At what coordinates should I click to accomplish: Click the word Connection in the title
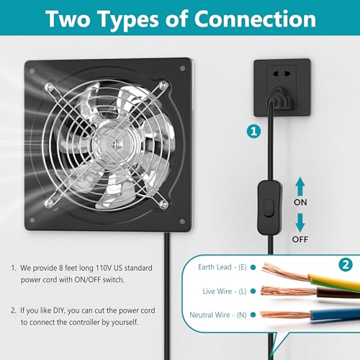(x=255, y=19)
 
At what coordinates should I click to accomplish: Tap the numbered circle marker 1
(x=253, y=132)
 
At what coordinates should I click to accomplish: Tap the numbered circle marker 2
(x=346, y=265)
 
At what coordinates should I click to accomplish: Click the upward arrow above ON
(x=300, y=186)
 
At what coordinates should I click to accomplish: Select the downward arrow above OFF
(x=300, y=222)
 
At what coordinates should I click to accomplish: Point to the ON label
(x=300, y=202)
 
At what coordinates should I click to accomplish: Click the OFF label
(x=300, y=239)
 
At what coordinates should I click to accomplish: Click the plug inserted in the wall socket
(x=280, y=98)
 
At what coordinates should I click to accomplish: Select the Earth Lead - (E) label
(x=222, y=267)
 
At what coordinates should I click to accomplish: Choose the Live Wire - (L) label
(x=225, y=291)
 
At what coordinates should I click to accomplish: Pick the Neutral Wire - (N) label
(x=218, y=315)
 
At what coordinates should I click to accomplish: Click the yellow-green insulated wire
(x=333, y=282)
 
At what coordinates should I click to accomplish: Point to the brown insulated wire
(x=338, y=293)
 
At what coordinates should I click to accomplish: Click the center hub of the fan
(x=114, y=144)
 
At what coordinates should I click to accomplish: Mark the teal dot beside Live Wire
(x=253, y=291)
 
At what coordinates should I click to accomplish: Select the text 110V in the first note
(x=104, y=268)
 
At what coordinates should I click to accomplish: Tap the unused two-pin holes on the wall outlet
(x=282, y=73)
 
